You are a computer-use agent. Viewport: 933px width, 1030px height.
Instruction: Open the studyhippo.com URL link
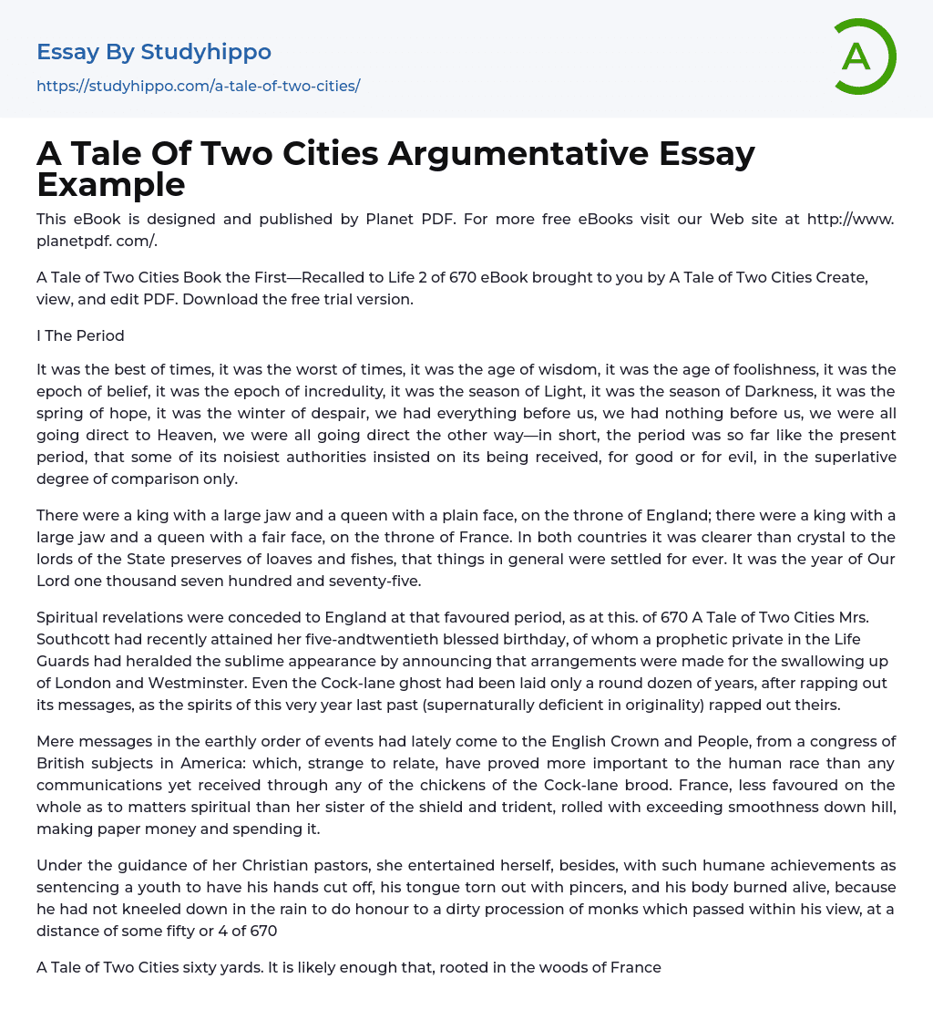point(198,86)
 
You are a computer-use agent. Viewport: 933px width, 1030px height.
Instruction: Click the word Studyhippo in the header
point(206,52)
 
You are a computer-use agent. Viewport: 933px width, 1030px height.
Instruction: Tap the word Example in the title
point(111,184)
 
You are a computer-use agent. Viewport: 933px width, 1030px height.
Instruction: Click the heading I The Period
point(80,335)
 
